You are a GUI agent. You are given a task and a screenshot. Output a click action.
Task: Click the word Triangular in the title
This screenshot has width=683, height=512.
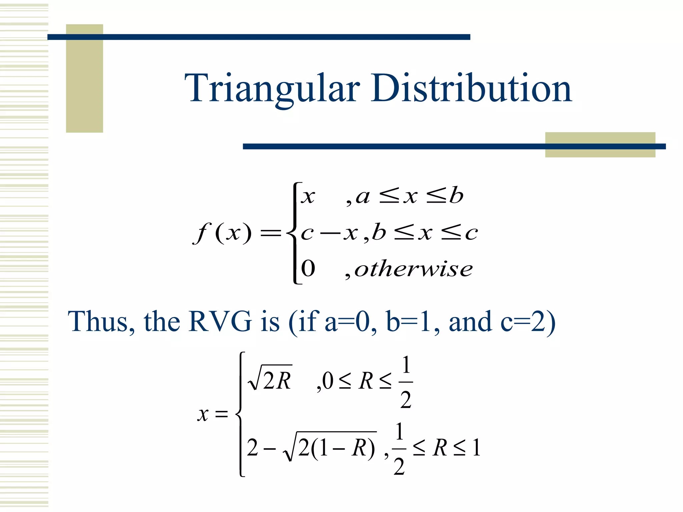272,88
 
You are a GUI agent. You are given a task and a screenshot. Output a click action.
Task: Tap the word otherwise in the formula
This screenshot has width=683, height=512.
413,269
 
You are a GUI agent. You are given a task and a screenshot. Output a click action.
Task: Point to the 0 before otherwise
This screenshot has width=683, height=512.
308,269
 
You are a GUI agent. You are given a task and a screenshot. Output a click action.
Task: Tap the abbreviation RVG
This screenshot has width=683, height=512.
220,321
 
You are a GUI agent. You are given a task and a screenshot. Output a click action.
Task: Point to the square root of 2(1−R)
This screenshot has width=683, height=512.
330,447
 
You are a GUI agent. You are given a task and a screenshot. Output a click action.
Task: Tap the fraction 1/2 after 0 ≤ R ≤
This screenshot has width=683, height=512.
406,382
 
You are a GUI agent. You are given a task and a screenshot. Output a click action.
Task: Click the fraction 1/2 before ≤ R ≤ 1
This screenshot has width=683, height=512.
399,449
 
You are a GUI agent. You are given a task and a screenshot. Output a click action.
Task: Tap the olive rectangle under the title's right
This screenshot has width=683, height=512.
600,152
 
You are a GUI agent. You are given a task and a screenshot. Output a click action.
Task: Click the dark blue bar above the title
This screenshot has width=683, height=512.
259,37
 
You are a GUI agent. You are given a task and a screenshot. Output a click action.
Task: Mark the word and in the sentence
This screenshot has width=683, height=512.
470,321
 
